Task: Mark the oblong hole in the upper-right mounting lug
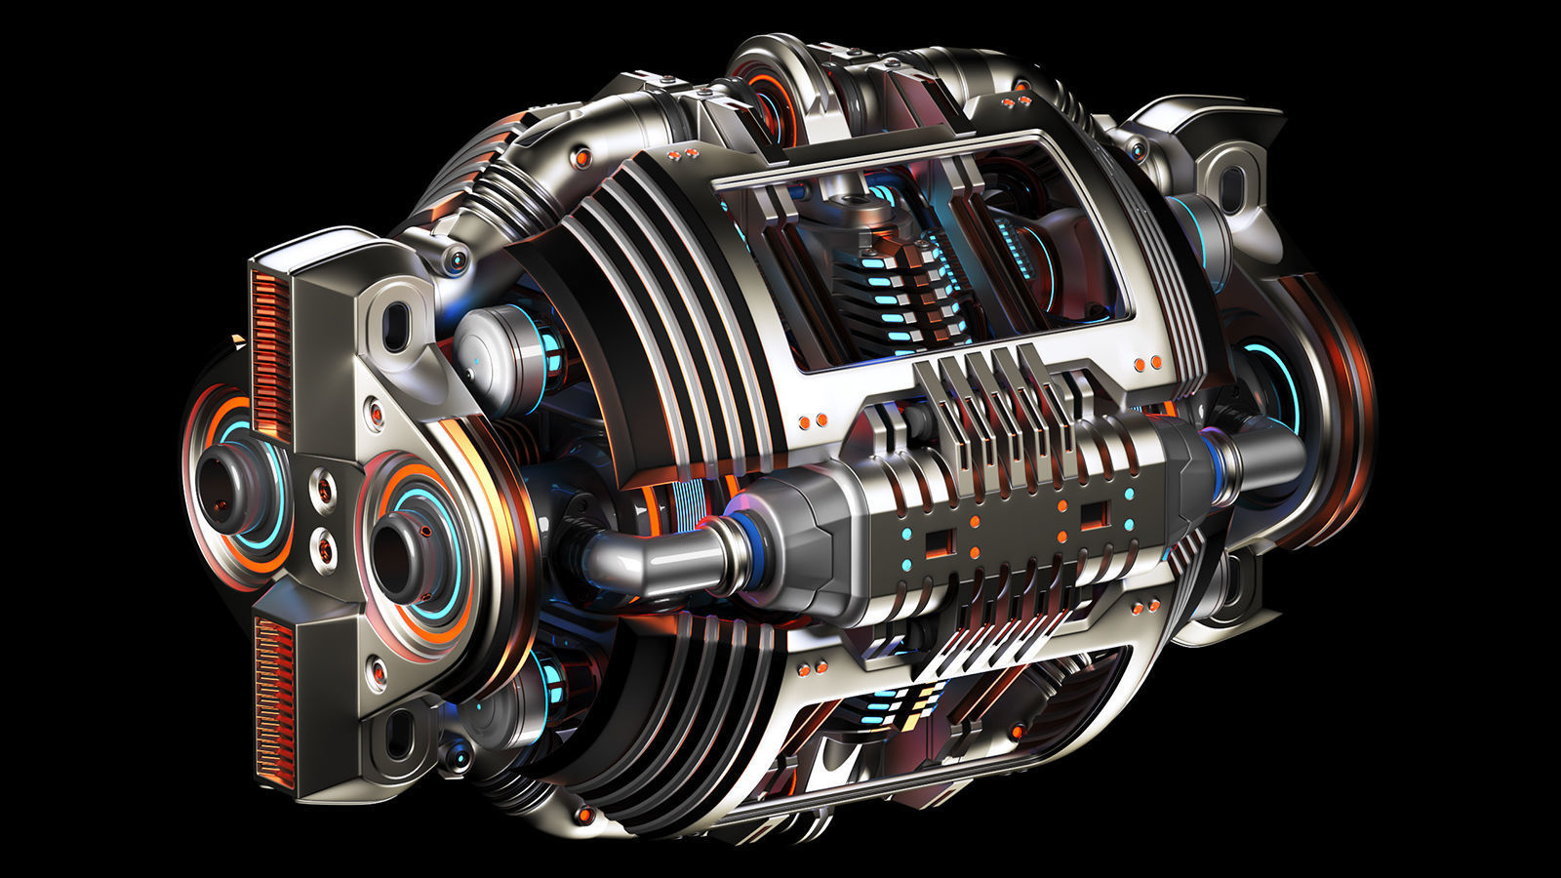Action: click(x=1233, y=185)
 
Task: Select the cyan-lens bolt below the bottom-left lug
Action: click(x=455, y=754)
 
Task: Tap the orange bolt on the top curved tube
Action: click(x=584, y=156)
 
